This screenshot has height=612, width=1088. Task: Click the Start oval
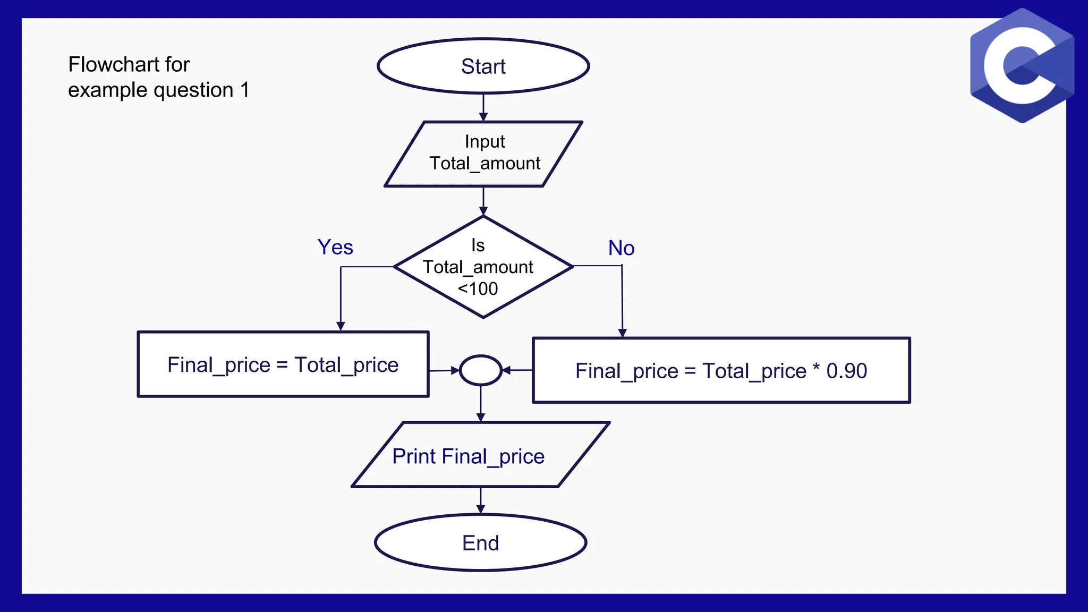click(x=483, y=66)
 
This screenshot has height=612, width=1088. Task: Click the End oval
click(x=480, y=543)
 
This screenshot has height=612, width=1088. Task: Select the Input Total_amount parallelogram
click(x=483, y=154)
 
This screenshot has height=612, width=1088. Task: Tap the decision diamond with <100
click(x=483, y=267)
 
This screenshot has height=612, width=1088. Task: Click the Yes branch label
click(x=335, y=248)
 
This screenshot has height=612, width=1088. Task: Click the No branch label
click(x=621, y=248)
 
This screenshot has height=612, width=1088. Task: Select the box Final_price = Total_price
click(x=283, y=364)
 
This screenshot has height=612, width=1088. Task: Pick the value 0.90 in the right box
click(x=846, y=371)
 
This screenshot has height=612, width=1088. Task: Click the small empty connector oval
click(x=480, y=370)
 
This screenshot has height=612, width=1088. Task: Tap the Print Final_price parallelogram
click(x=480, y=455)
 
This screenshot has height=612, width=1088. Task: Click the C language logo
click(x=1022, y=66)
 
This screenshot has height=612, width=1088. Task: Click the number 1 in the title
click(x=245, y=90)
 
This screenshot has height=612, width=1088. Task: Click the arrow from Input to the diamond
click(x=483, y=201)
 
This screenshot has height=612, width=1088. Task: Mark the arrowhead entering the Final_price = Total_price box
click(x=341, y=326)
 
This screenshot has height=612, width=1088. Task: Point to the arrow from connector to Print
click(x=480, y=404)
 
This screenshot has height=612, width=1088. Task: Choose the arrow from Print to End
click(x=480, y=500)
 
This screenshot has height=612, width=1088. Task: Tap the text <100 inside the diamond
click(x=478, y=289)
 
